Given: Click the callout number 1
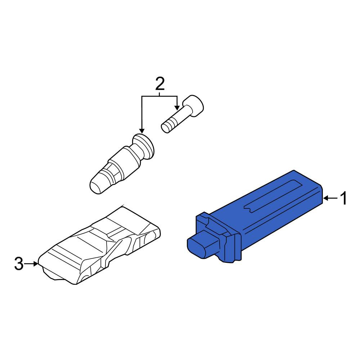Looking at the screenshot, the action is pyautogui.click(x=343, y=198).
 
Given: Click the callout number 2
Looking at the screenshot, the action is pyautogui.click(x=160, y=84).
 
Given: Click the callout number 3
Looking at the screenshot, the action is pyautogui.click(x=19, y=264).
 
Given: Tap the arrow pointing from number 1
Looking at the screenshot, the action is pyautogui.click(x=330, y=198).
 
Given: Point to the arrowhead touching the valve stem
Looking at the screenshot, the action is pyautogui.click(x=142, y=131).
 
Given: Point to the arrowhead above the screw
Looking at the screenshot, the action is pyautogui.click(x=177, y=108).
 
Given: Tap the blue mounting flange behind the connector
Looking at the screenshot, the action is pyautogui.click(x=219, y=237).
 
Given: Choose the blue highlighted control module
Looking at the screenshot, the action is pyautogui.click(x=255, y=216).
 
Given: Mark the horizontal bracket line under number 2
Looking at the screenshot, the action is pyautogui.click(x=159, y=96).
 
